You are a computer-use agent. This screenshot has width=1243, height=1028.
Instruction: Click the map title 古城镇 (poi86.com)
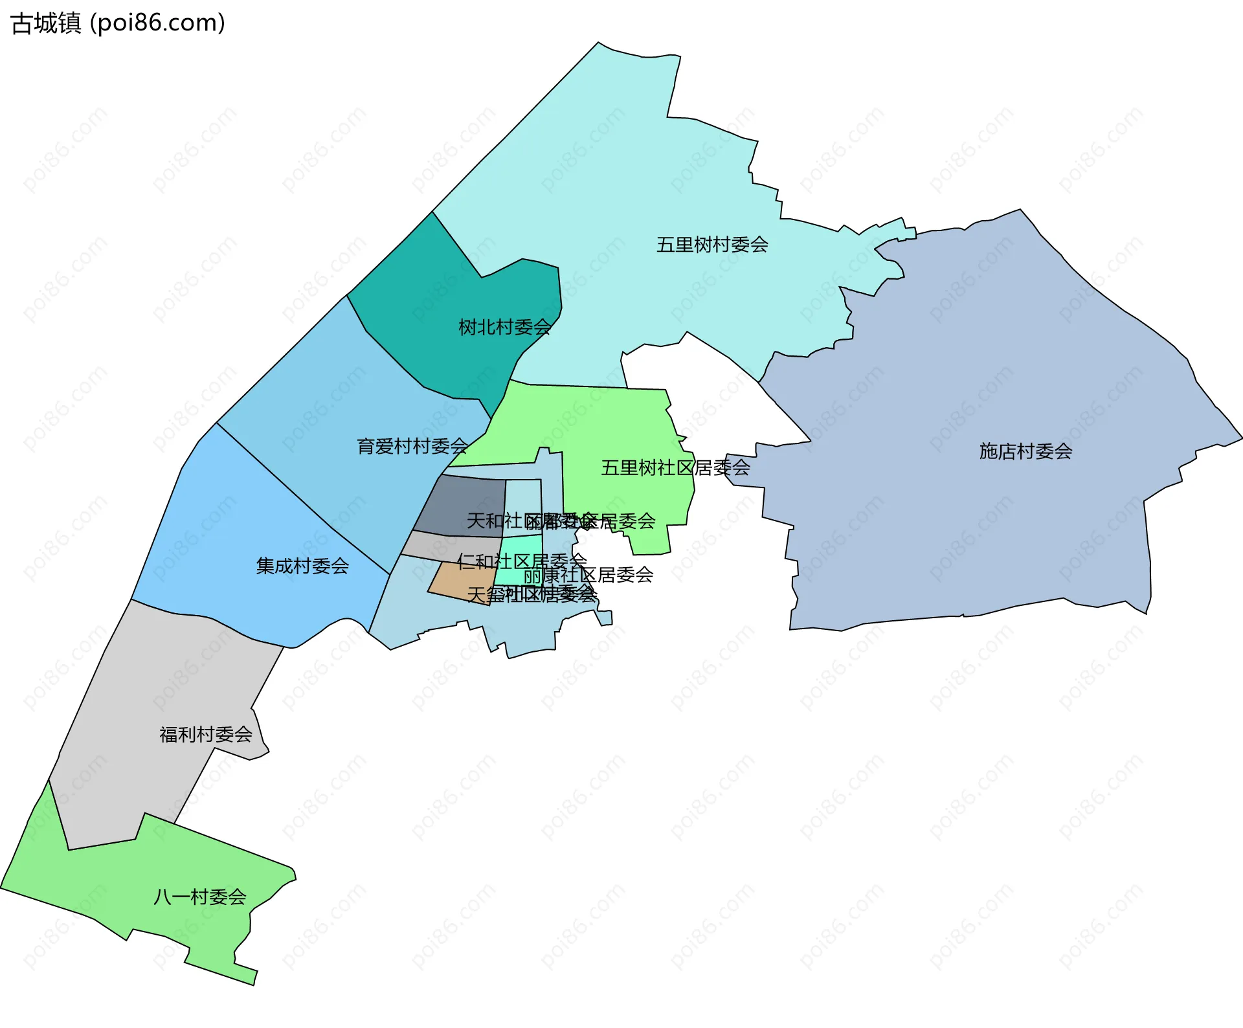pos(118,23)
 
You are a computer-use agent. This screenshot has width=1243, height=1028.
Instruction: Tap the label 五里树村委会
pos(712,245)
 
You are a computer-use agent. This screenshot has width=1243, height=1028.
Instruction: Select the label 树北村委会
pos(504,328)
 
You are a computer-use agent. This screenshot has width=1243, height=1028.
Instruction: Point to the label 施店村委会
pos(1025,451)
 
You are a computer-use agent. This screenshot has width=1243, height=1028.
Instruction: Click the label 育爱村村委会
pos(412,446)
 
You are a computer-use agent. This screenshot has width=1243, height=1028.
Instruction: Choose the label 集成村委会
pos(302,566)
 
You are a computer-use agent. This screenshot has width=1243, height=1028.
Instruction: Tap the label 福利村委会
pos(206,734)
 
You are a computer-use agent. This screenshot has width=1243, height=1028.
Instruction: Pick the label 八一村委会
pos(200,897)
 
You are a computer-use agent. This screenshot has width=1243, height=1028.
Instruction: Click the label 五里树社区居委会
pos(675,467)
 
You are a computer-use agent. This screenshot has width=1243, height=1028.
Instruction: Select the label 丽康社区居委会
pos(588,575)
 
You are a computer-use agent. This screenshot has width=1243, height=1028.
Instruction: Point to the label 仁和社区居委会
pos(522,561)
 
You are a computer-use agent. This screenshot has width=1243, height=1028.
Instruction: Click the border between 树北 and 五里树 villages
pos(456,244)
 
